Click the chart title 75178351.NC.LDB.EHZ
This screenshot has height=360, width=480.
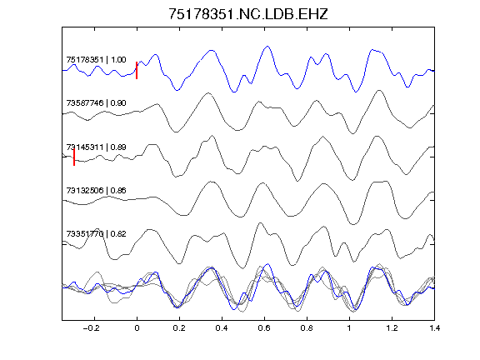[x=248, y=14]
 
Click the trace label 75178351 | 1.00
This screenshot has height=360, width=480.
[x=96, y=60]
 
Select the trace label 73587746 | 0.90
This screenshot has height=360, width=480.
[x=96, y=103]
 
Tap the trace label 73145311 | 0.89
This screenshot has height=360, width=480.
[x=96, y=147]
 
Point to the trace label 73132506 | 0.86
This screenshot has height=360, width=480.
[x=96, y=191]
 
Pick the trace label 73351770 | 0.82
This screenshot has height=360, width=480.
[x=96, y=234]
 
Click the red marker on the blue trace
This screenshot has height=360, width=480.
[x=137, y=70]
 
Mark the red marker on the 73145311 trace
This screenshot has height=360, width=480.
[x=74, y=157]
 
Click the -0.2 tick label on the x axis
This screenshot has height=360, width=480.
[x=92, y=328]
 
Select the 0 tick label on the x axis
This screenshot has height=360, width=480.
[x=137, y=328]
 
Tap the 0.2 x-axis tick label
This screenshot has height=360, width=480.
[x=179, y=328]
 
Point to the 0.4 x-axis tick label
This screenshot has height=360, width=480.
[x=222, y=328]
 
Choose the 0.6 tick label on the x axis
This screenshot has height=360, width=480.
[x=264, y=328]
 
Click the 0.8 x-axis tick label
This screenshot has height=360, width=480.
[x=307, y=328]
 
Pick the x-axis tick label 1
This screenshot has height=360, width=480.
[x=349, y=328]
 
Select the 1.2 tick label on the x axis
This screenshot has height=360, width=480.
[x=392, y=328]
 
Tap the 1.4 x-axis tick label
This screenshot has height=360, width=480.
[x=434, y=328]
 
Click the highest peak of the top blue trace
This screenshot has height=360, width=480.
[x=267, y=47]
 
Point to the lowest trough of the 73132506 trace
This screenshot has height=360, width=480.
[x=353, y=224]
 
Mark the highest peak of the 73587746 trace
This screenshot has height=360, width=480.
[x=379, y=91]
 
